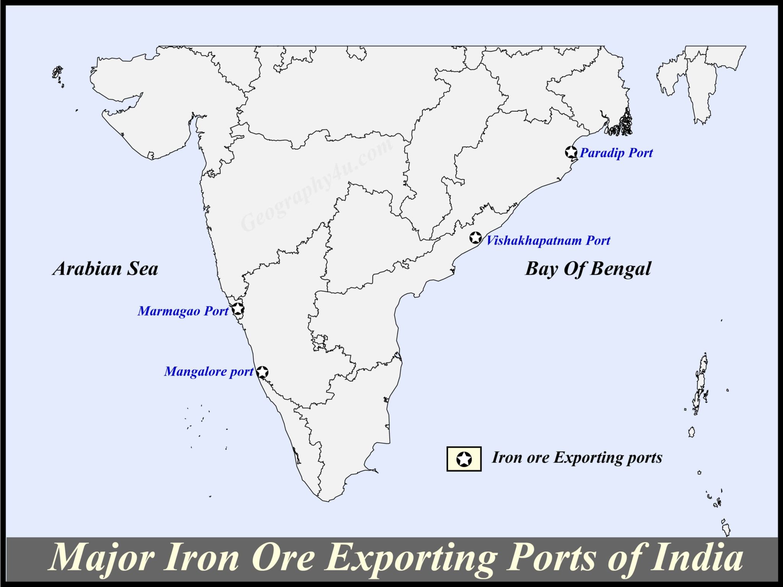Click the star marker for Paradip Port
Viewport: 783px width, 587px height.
(571, 152)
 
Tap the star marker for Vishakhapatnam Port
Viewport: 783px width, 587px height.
(475, 238)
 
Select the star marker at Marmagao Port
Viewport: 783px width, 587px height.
(238, 309)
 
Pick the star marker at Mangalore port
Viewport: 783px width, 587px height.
(262, 372)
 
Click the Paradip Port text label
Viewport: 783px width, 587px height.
(616, 153)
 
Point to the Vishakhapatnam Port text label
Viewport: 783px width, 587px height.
(548, 240)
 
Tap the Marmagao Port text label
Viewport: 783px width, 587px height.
(183, 311)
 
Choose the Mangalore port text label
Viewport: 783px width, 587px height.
(209, 371)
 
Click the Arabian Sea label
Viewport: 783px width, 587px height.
(105, 269)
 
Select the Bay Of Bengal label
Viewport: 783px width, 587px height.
(588, 269)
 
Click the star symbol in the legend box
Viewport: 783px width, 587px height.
(464, 459)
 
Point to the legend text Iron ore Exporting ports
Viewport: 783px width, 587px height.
(577, 458)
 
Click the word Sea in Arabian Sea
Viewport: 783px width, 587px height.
(142, 269)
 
